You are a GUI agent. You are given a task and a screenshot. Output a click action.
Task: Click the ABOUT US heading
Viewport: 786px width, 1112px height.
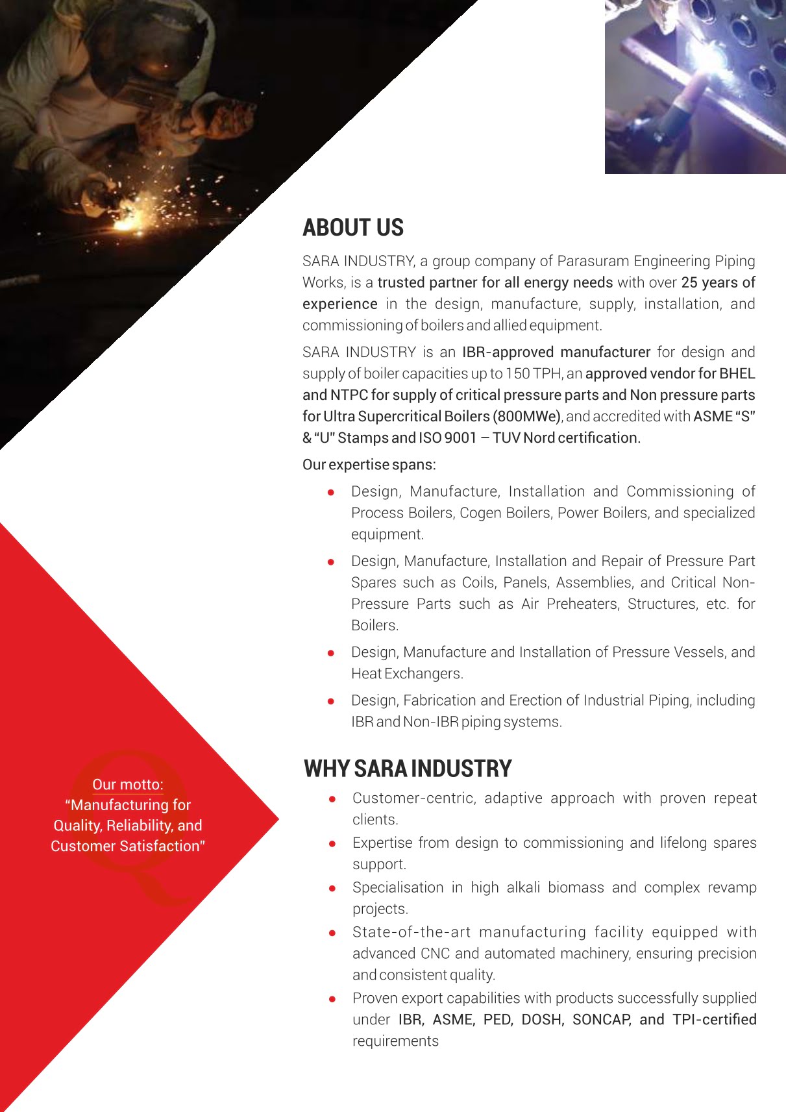point(353,228)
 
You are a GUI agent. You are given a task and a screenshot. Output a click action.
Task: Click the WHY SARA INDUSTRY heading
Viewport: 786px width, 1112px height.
point(408,769)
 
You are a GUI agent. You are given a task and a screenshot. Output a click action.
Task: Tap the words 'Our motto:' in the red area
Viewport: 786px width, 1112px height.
point(128,784)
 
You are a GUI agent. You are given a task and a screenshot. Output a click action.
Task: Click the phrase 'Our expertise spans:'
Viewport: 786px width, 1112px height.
point(369,465)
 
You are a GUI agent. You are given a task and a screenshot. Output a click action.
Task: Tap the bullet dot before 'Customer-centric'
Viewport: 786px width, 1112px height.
point(332,799)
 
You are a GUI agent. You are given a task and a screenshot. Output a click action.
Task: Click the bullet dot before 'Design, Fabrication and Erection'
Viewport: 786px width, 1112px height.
point(331,701)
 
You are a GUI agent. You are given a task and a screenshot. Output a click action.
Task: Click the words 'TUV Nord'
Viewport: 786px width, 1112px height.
point(523,438)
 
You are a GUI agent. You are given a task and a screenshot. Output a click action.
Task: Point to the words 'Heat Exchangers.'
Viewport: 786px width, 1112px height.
point(407,674)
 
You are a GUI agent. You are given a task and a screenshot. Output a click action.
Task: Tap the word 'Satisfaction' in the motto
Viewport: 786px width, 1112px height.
point(160,846)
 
